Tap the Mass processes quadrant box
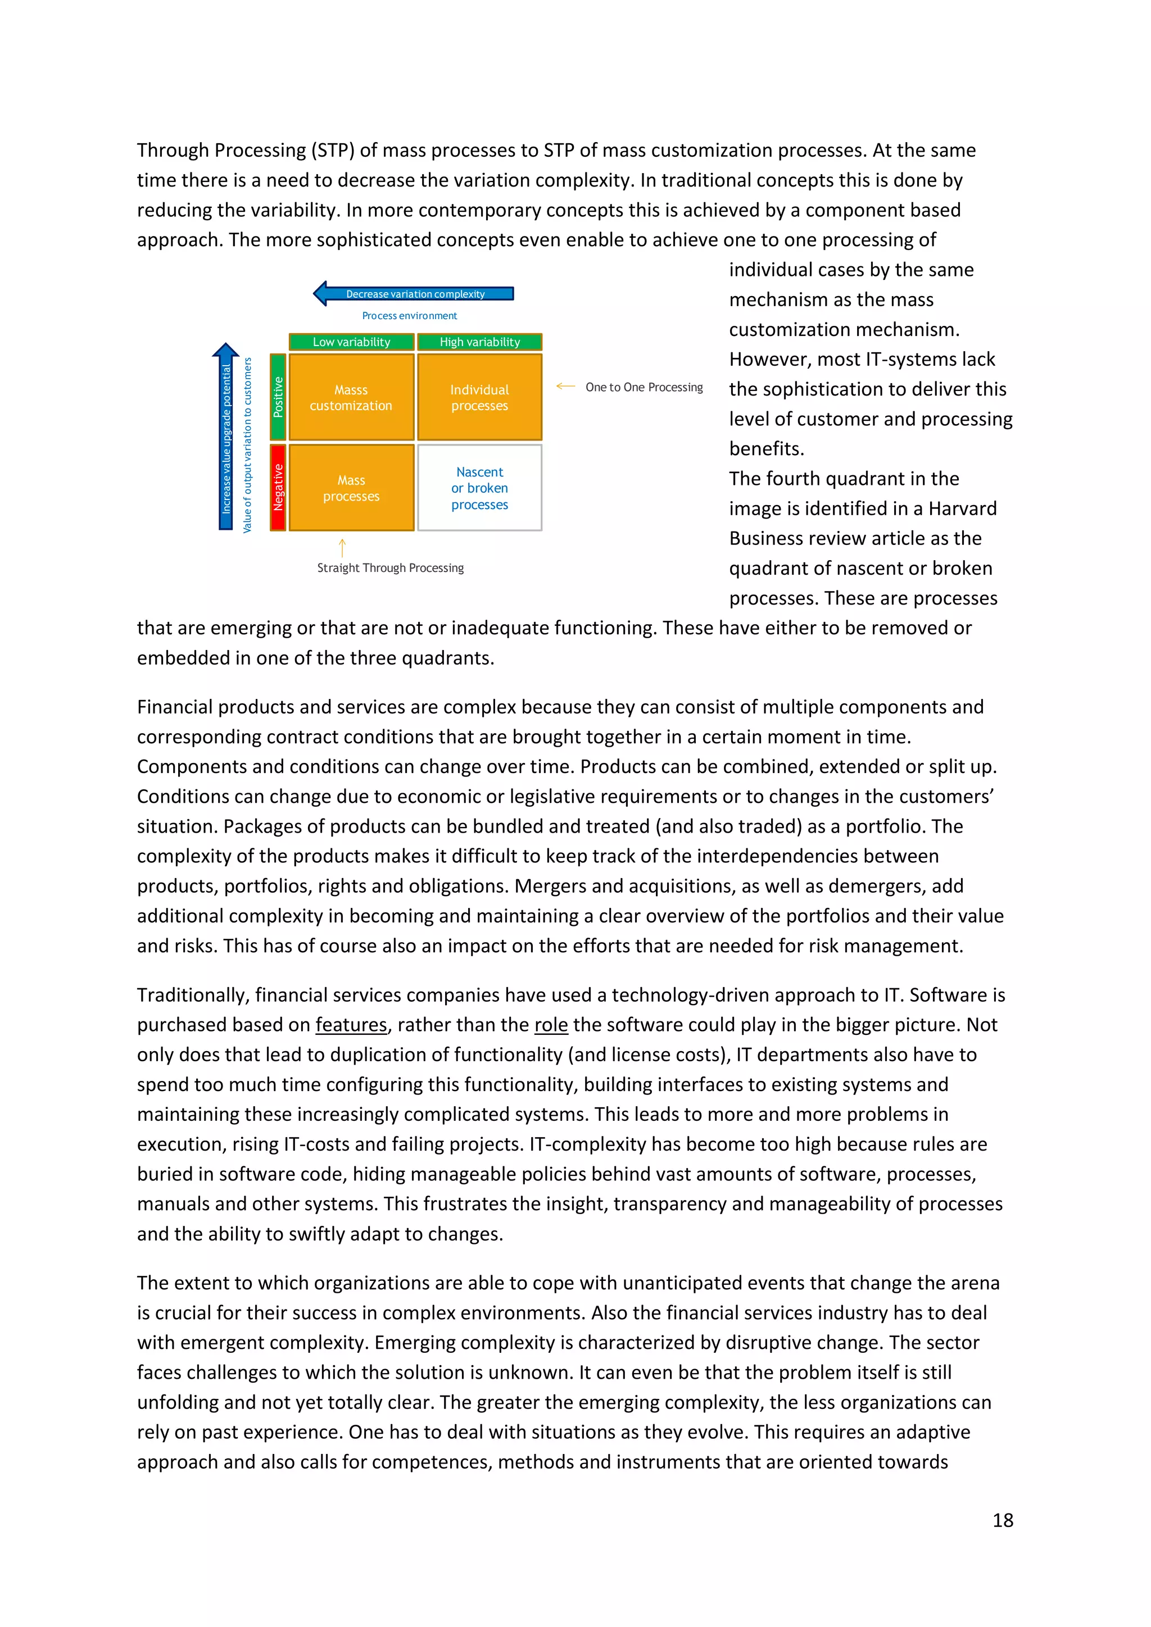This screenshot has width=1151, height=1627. (x=351, y=488)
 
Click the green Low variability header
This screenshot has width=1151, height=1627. (x=351, y=342)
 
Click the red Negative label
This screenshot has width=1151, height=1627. (x=278, y=488)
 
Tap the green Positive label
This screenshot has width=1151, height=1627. (x=278, y=397)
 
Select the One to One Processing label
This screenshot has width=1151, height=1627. (x=644, y=388)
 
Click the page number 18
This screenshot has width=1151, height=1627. (x=1002, y=1520)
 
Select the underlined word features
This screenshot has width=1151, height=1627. (x=351, y=1025)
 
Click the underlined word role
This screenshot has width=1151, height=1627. (x=551, y=1025)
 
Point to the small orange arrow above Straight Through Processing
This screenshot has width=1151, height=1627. (x=342, y=547)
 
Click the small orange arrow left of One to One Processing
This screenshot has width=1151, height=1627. (x=565, y=386)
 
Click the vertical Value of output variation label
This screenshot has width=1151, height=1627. (x=247, y=445)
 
